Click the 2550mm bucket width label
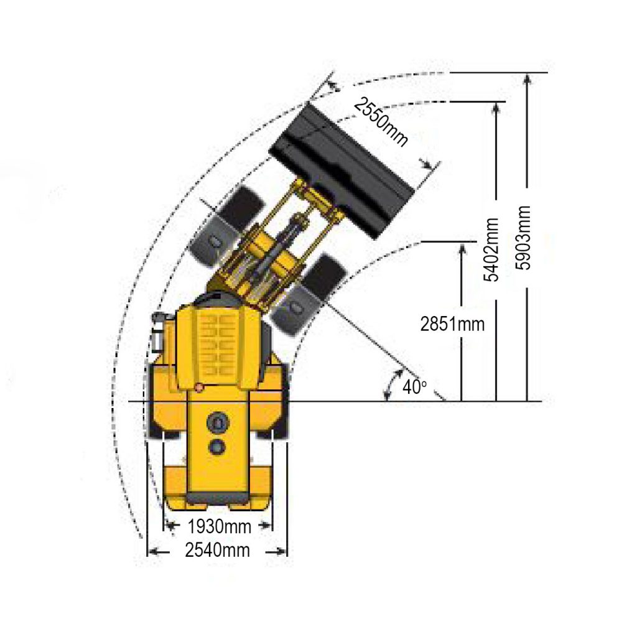click(381, 123)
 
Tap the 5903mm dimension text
click(526, 237)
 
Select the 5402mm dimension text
click(493, 249)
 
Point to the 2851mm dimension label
click(452, 324)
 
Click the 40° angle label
click(414, 386)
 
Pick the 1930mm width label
click(219, 527)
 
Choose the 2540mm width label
click(217, 551)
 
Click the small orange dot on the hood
click(199, 388)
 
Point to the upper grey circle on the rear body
click(218, 422)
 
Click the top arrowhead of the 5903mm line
click(527, 78)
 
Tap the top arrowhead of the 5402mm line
click(496, 106)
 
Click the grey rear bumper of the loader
click(218, 498)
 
